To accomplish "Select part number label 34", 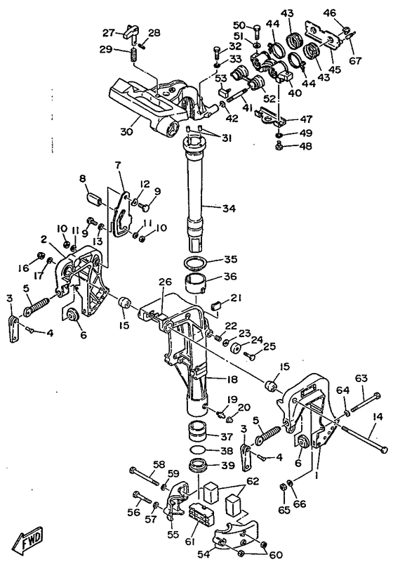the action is pos(229,209).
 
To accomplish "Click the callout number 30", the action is pos(126,131).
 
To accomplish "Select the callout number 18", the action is pos(232,379).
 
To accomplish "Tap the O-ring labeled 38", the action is pos(196,450).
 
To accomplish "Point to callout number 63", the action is pos(361,379).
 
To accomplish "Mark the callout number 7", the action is pos(118,166).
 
